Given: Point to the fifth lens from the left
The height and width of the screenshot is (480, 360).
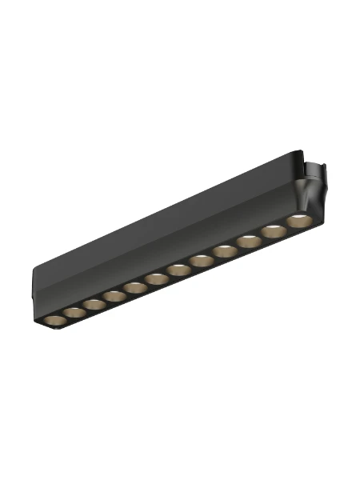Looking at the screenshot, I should pyautogui.click(x=134, y=286).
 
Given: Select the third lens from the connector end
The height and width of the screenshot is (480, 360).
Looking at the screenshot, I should pyautogui.click(x=248, y=241).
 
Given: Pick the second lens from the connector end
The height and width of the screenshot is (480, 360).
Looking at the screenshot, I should pyautogui.click(x=273, y=230).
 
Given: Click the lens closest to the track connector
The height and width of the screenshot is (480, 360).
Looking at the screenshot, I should pyautogui.click(x=298, y=220).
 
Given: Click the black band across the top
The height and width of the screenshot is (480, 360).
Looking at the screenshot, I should pyautogui.click(x=180, y=28).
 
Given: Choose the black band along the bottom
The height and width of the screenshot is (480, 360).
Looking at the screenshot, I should pyautogui.click(x=180, y=452).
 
